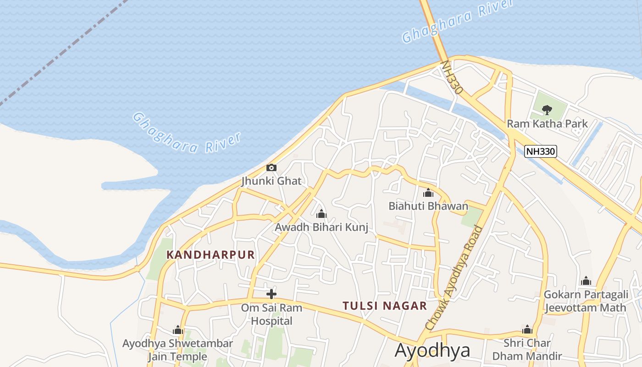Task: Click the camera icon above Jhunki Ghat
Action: tap(271, 168)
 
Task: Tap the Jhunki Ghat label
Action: tap(271, 181)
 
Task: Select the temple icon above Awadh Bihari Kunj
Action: tap(321, 214)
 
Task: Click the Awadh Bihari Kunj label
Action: tap(321, 227)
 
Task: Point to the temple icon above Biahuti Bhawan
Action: tap(428, 193)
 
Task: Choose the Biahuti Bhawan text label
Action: tap(428, 206)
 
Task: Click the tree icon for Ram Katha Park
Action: tap(547, 110)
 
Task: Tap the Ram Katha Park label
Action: tap(547, 123)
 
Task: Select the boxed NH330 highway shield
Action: tap(541, 151)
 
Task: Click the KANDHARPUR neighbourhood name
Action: tap(210, 255)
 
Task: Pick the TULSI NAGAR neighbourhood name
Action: tap(385, 306)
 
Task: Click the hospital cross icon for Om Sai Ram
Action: tap(271, 294)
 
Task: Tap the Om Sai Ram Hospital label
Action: tap(271, 314)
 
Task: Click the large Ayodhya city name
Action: tap(432, 350)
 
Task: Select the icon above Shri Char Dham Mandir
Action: tap(527, 329)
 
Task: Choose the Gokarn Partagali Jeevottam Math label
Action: tap(585, 301)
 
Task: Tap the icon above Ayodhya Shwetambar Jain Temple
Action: tap(178, 330)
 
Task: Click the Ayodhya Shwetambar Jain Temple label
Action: tap(177, 350)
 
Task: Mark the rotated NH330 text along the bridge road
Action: tap(451, 78)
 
